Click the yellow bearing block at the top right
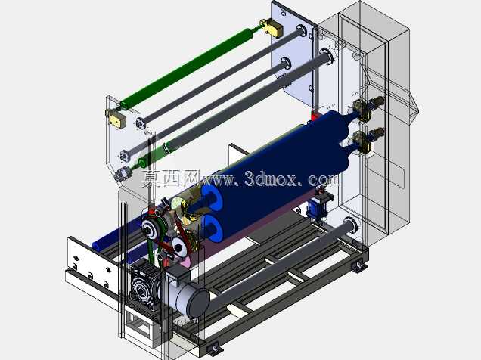pos(272,28)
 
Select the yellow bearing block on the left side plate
pos(116,119)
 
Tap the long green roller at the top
pos(187,67)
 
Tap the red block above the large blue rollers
pos(315,116)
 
